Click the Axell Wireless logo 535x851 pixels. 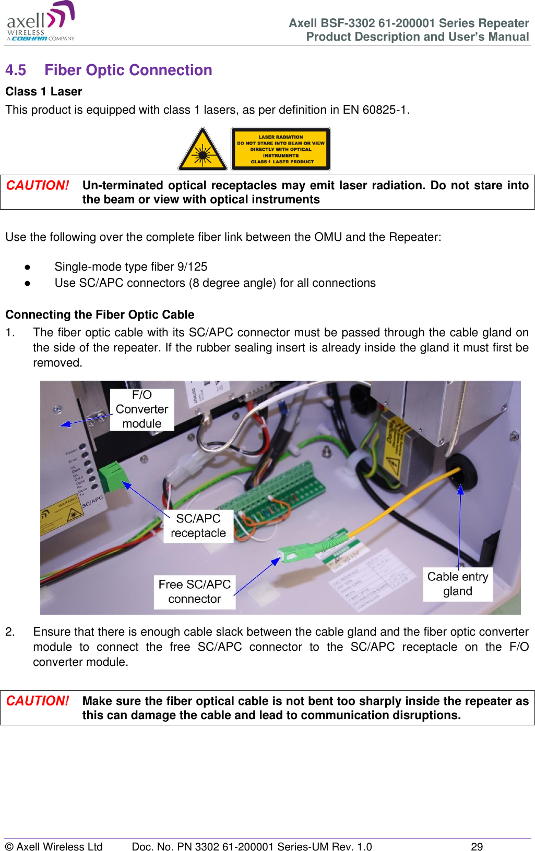point(41,22)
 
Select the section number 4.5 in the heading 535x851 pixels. point(16,70)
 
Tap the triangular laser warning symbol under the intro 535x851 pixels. point(203,150)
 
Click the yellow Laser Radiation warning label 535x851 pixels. point(281,149)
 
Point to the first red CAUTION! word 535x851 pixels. point(38,186)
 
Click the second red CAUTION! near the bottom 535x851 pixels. point(38,701)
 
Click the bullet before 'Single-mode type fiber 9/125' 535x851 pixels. point(27,267)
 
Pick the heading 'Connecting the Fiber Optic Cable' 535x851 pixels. point(100,315)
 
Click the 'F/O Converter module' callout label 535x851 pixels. point(142,409)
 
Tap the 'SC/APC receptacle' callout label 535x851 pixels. point(198,526)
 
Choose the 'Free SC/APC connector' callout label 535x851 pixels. point(195,592)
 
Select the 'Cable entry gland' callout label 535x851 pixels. point(458,584)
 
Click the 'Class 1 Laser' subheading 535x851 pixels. point(44,92)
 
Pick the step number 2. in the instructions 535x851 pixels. point(10,632)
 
